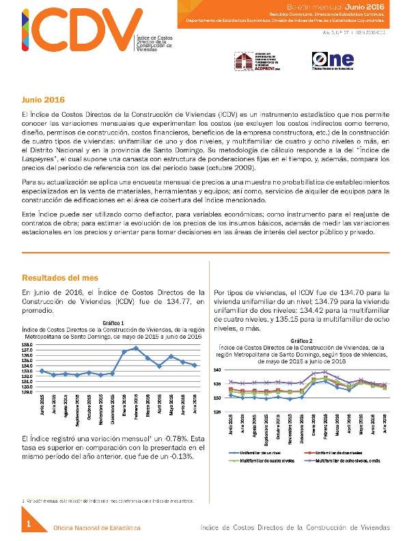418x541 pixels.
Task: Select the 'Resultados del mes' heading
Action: (x=59, y=278)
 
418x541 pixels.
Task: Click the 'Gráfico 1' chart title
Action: (x=113, y=322)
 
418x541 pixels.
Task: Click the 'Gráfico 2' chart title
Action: (x=301, y=340)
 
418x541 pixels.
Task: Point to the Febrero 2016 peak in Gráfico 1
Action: (x=136, y=348)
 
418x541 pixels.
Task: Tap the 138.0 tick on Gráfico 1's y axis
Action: (x=28, y=345)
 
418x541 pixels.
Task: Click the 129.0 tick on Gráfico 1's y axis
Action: (x=28, y=391)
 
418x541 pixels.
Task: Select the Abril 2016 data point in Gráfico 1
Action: (x=159, y=366)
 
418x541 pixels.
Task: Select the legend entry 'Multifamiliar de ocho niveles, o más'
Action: (x=349, y=461)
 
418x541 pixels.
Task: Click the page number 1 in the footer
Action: (x=29, y=524)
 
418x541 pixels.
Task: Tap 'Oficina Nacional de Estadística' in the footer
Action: (x=98, y=528)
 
